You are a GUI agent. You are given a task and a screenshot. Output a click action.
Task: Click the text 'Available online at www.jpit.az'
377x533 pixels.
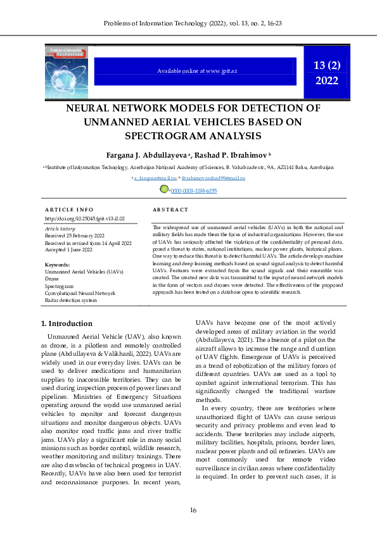click(195, 71)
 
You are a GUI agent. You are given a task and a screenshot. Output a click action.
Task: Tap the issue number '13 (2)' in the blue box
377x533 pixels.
click(327, 65)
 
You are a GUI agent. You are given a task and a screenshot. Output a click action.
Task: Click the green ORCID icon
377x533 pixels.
click(164, 189)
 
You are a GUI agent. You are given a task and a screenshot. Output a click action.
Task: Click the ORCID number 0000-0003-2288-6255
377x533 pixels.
click(193, 190)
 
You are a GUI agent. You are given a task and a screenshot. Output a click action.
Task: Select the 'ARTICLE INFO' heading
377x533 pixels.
click(69, 210)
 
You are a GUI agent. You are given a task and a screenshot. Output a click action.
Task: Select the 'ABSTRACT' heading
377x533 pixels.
click(170, 210)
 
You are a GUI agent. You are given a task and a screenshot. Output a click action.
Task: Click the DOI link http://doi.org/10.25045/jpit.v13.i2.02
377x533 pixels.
click(85, 218)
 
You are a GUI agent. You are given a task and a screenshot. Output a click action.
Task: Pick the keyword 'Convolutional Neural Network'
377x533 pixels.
click(80, 293)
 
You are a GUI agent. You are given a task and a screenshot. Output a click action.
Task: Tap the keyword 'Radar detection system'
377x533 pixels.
click(71, 300)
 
